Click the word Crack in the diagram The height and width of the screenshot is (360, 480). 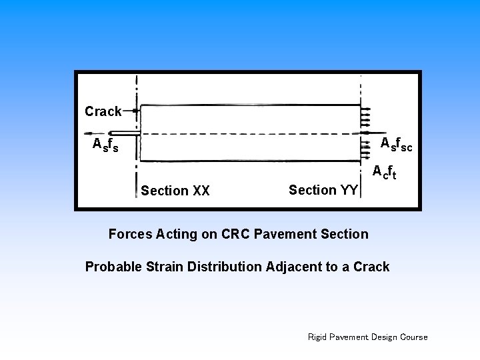103,111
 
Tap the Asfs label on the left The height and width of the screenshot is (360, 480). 105,145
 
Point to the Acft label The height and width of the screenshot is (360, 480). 385,172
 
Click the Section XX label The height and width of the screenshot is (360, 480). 175,191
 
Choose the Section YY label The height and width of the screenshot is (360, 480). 323,190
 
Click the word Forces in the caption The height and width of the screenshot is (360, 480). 130,234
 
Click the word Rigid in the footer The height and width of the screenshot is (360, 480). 317,337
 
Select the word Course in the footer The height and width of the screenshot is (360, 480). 413,337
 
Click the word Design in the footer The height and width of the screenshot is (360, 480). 383,337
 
